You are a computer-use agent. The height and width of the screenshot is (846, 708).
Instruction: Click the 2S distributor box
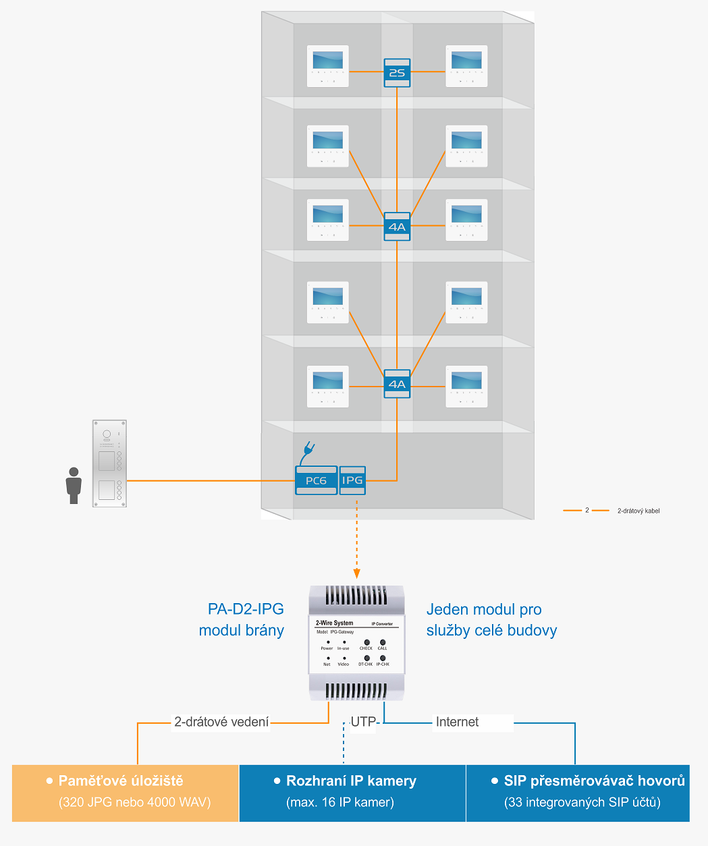point(397,72)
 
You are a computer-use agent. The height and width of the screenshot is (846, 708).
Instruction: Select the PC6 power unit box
point(316,480)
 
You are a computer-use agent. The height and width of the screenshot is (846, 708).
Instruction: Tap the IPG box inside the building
point(352,480)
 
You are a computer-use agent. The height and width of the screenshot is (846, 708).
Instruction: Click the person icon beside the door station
point(74,486)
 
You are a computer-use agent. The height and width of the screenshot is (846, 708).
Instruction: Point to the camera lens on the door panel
point(106,434)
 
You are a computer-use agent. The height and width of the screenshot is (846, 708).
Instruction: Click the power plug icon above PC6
point(309,449)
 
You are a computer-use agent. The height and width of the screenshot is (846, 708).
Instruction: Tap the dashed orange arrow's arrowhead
point(356,573)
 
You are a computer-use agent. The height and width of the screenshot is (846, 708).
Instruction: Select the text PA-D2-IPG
point(246,609)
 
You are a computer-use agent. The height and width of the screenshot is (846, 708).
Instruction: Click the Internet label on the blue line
point(457,722)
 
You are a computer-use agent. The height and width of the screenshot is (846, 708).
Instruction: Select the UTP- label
point(364,722)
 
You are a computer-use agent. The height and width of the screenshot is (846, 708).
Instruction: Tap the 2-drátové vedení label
point(221,722)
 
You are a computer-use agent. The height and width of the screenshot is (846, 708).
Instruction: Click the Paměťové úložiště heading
point(121,781)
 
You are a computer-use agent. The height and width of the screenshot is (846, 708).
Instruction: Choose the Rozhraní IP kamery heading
point(351,781)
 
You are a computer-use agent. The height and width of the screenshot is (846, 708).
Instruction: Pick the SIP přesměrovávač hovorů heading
point(594,781)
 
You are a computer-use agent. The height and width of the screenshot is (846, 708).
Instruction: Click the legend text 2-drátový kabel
point(638,511)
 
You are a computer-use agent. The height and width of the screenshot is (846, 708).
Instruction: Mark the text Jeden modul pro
point(484,609)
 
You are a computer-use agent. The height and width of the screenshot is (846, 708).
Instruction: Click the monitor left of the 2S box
point(328,66)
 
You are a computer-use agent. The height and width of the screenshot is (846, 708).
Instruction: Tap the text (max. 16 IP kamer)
point(340,802)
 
